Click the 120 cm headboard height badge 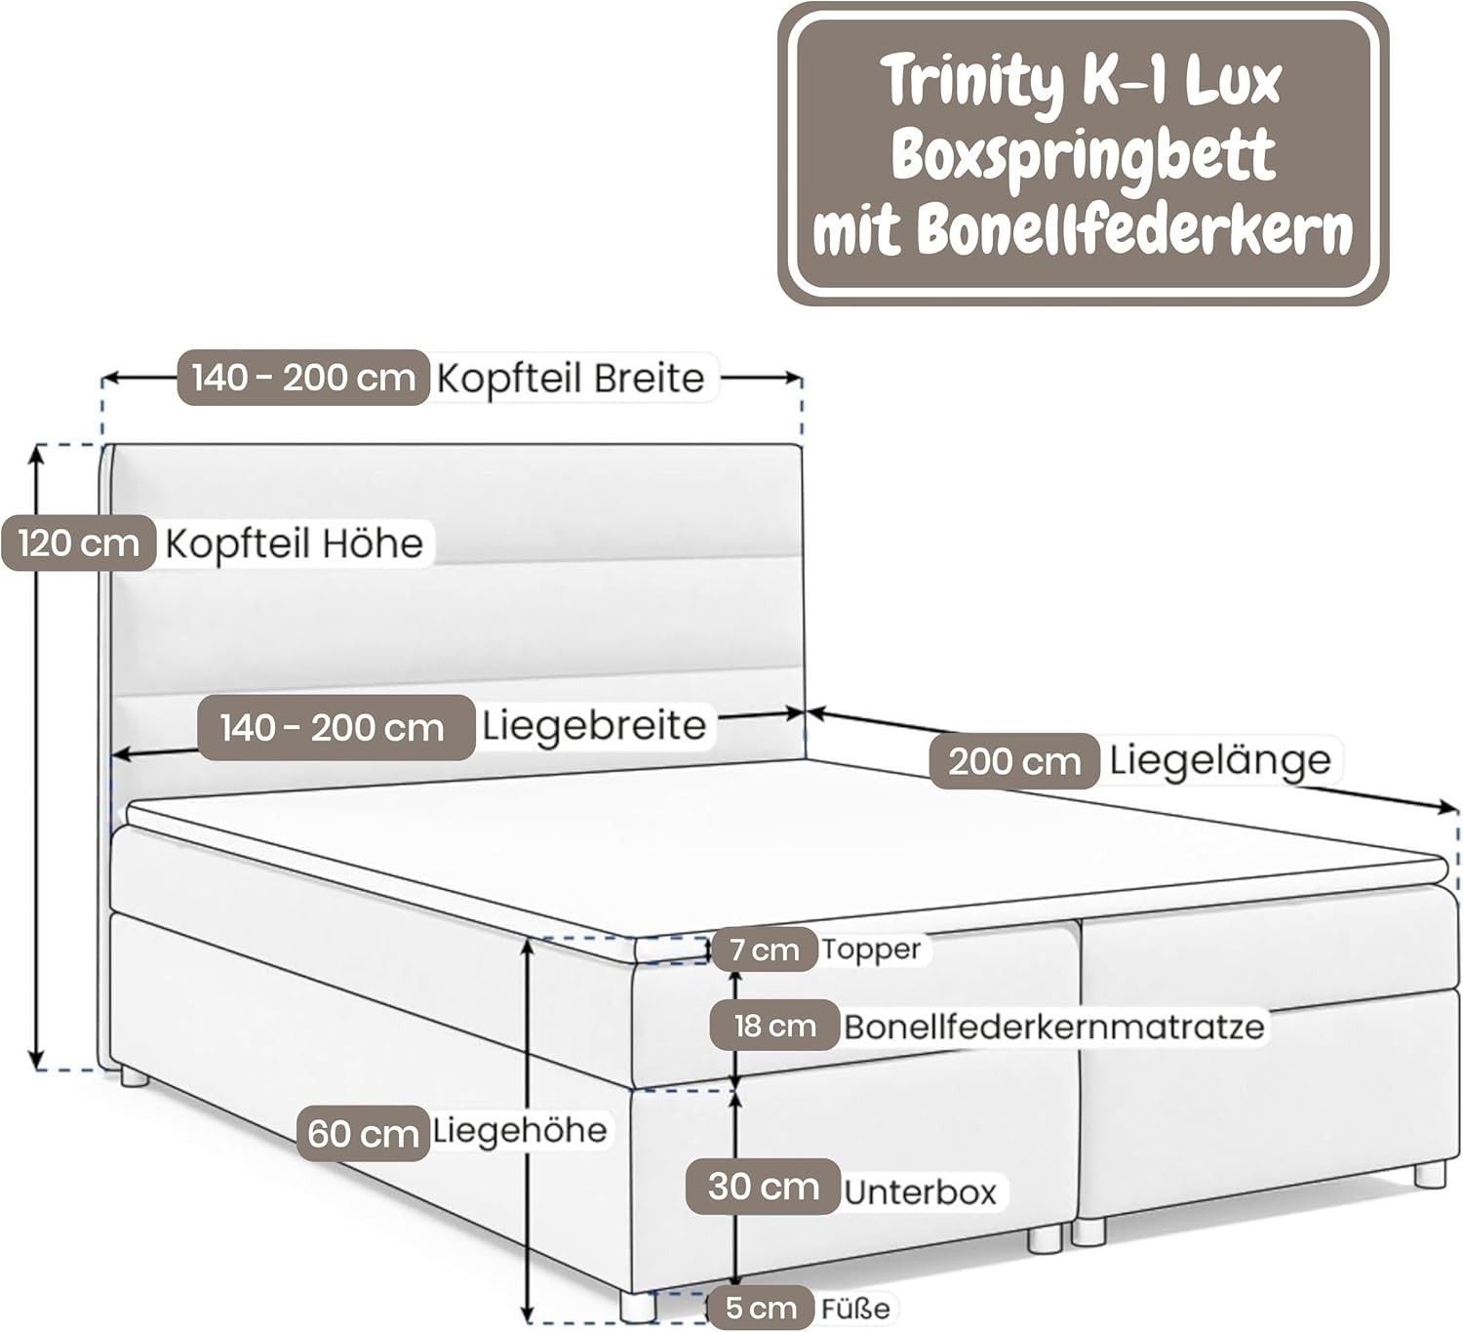(78, 543)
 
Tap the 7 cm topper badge (763, 949)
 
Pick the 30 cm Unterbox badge (763, 1187)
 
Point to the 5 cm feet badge (762, 1308)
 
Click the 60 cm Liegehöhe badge (363, 1133)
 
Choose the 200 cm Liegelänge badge (1014, 761)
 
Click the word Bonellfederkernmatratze (1053, 1027)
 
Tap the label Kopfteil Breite (571, 378)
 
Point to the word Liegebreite (594, 726)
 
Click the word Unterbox (920, 1191)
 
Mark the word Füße (854, 1308)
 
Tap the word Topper (871, 949)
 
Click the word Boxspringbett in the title (1083, 154)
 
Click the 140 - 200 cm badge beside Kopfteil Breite (303, 378)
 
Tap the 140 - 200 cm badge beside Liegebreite (333, 727)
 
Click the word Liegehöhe (520, 1131)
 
